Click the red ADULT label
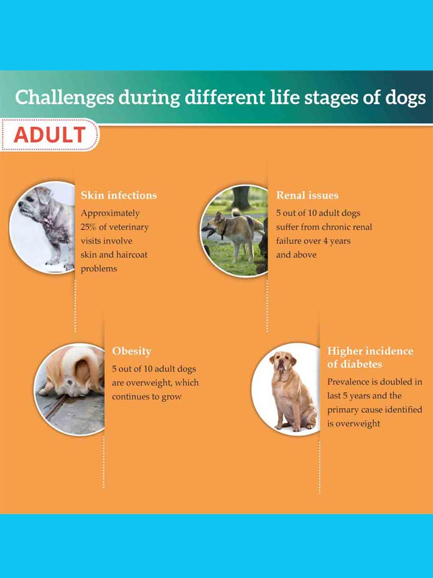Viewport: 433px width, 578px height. (x=50, y=135)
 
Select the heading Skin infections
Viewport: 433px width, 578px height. (x=119, y=196)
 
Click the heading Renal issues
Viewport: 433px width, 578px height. (x=307, y=196)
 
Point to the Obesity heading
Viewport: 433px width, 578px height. (x=132, y=352)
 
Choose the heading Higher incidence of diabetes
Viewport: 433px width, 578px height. (x=370, y=358)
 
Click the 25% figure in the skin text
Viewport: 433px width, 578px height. (x=88, y=227)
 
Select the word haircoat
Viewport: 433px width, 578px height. (x=132, y=255)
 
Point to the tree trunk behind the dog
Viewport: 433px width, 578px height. (x=241, y=197)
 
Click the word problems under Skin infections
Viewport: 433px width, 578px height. (x=99, y=269)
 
